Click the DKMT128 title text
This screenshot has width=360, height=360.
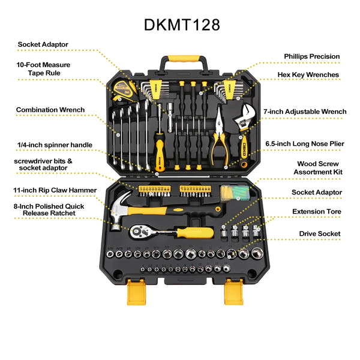(x=182, y=25)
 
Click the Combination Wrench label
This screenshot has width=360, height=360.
(x=50, y=110)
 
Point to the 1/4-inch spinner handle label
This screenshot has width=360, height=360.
(x=55, y=145)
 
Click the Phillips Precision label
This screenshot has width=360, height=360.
(x=311, y=56)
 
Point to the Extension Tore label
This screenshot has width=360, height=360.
(x=316, y=212)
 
